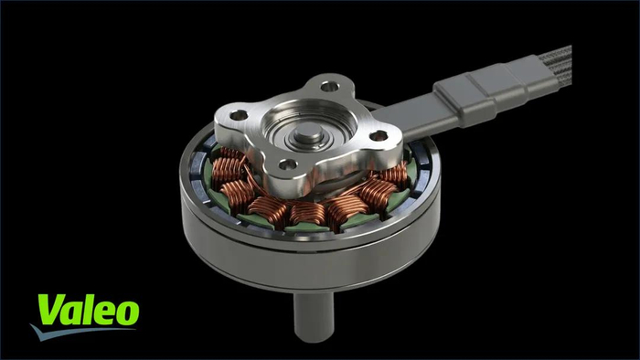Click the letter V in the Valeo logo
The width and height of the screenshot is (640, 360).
coord(53,309)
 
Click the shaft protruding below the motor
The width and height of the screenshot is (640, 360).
coord(314,315)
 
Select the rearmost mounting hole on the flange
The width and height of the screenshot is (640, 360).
coord(329,87)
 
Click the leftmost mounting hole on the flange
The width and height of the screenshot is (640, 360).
coord(239,115)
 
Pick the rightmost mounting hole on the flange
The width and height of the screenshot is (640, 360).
coord(379,136)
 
